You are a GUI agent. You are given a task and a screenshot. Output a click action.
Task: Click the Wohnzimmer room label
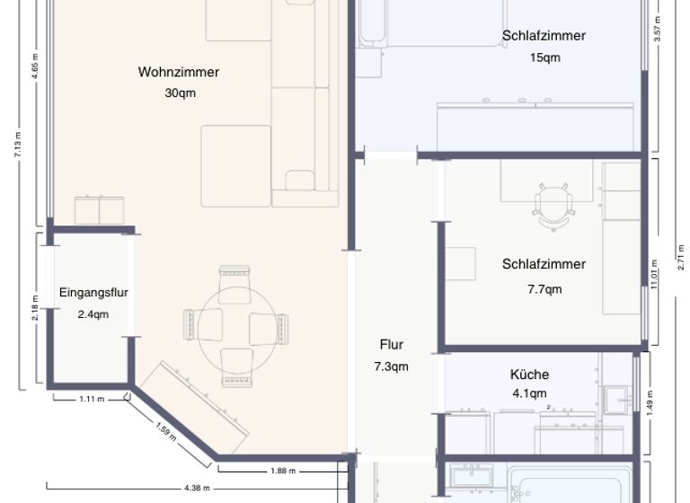pyautogui.click(x=179, y=72)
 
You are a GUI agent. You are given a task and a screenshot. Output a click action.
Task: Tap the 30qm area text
pyautogui.click(x=179, y=93)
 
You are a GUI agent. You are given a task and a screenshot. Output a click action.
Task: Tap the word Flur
pyautogui.click(x=391, y=344)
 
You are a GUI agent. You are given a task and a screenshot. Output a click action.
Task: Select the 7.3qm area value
pyautogui.click(x=391, y=366)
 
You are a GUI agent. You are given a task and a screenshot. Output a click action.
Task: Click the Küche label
pyautogui.click(x=529, y=375)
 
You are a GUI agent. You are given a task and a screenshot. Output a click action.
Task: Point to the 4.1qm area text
pyautogui.click(x=529, y=393)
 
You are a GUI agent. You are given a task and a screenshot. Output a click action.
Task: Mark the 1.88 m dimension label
pyautogui.click(x=284, y=470)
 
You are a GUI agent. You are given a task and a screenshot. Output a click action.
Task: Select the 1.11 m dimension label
pyautogui.click(x=92, y=398)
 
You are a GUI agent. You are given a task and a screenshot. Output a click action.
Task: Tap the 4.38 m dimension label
pyautogui.click(x=197, y=488)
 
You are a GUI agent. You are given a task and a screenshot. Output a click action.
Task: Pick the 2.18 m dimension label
pyautogui.click(x=35, y=311)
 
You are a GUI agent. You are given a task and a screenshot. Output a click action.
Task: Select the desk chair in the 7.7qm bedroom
pyautogui.click(x=552, y=205)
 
